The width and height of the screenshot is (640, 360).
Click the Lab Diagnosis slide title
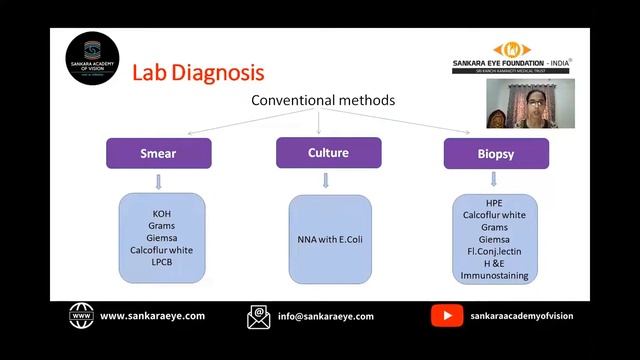pyautogui.click(x=198, y=73)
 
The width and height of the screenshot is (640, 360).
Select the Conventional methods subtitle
pyautogui.click(x=322, y=101)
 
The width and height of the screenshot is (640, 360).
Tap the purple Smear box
pyautogui.click(x=159, y=154)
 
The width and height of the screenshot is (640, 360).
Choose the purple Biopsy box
pyautogui.click(x=495, y=154)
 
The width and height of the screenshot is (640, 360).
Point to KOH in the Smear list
pyautogui.click(x=162, y=214)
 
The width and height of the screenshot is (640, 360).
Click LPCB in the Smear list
pyautogui.click(x=162, y=261)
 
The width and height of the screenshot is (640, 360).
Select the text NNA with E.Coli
pyautogui.click(x=329, y=239)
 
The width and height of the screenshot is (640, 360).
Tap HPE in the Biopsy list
pyautogui.click(x=494, y=203)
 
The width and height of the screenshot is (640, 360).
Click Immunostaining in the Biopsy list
pyautogui.click(x=494, y=275)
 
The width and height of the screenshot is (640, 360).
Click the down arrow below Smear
pyautogui.click(x=159, y=181)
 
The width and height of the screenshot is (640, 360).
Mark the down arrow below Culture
pyautogui.click(x=326, y=180)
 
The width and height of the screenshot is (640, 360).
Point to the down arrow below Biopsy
pyautogui.click(x=494, y=180)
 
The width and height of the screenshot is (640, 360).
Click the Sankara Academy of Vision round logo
pyautogui.click(x=92, y=57)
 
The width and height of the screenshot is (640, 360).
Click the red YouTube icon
pyautogui.click(x=446, y=316)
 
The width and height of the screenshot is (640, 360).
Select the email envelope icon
pyautogui.click(x=259, y=317)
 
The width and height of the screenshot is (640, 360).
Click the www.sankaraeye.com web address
pyautogui.click(x=152, y=316)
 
